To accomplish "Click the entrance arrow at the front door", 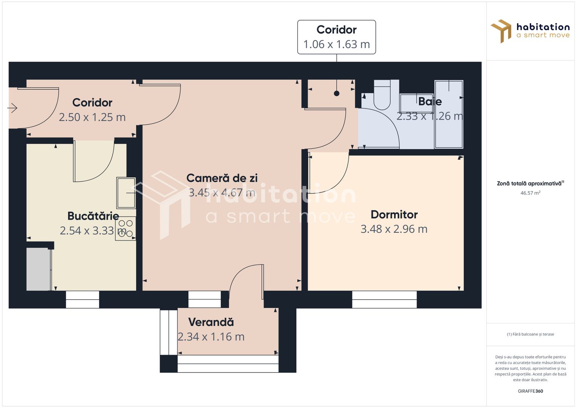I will tap(12, 108).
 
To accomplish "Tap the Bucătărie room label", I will tap(93, 216).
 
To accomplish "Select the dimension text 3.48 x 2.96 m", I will tap(394, 229).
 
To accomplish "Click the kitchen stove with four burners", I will tap(126, 229).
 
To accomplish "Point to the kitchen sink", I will tap(126, 193).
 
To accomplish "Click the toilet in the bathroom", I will tap(382, 95).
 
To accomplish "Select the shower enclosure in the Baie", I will tap(449, 114).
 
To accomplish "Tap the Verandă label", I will tap(211, 322).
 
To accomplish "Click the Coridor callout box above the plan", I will tap(336, 37).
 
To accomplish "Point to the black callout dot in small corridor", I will tap(337, 93).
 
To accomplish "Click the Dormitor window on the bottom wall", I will tap(384, 299).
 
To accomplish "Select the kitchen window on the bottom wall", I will tap(82, 299).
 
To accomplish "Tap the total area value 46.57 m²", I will tap(530, 193).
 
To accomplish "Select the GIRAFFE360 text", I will tap(530, 391).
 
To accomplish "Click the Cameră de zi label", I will tap(222, 178).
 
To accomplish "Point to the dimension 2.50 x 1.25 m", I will tap(92, 117).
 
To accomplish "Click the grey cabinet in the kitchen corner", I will tap(38, 269).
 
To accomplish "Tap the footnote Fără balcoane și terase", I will tap(530, 334).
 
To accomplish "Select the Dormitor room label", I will tap(394, 215).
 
